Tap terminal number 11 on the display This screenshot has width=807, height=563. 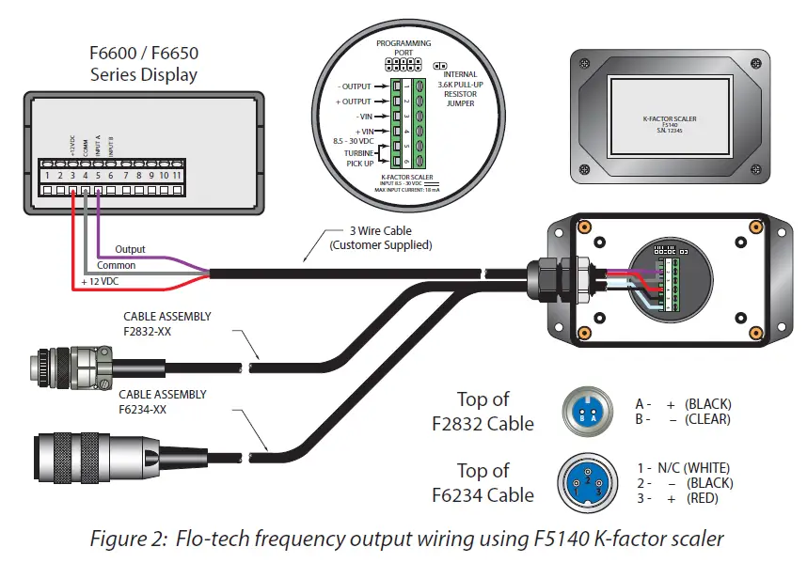176,175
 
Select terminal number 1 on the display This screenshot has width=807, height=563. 46,175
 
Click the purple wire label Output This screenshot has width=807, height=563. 131,249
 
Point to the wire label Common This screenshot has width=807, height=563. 117,265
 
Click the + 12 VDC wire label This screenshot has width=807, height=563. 102,281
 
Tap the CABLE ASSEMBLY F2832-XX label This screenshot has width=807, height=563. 166,323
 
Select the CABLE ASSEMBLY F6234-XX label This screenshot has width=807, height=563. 166,401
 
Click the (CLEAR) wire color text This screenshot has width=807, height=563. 708,419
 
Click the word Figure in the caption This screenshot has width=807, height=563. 118,539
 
